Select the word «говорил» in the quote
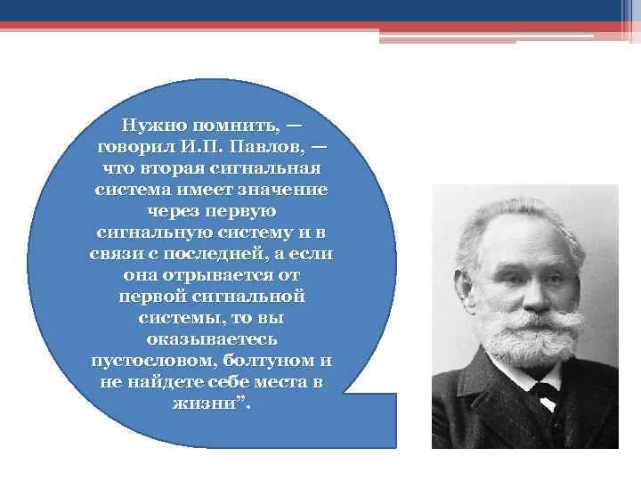click(x=136, y=146)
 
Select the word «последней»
click(x=207, y=253)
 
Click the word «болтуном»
click(x=264, y=360)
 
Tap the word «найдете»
click(x=161, y=381)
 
